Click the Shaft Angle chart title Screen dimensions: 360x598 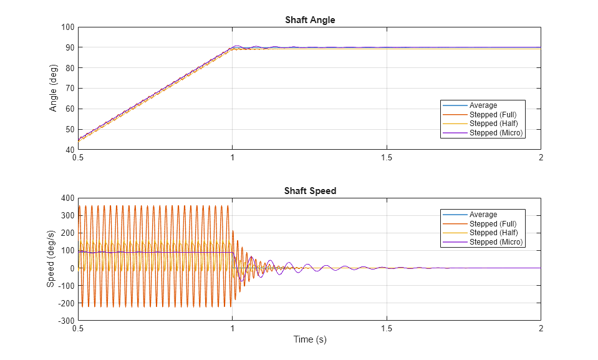tap(310, 20)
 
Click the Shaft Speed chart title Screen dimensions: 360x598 tap(310, 191)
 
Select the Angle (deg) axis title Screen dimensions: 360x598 tap(53, 89)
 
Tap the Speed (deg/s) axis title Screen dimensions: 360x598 tap(51, 259)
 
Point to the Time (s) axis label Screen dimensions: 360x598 tap(310, 340)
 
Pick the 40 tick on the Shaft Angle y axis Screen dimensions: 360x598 tap(69, 150)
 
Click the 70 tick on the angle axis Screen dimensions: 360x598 tap(69, 89)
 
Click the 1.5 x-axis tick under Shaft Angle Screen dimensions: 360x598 tap(387, 158)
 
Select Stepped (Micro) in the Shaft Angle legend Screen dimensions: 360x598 tap(496, 133)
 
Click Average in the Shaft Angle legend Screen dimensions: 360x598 tap(483, 105)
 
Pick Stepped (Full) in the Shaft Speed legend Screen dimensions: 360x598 tap(493, 223)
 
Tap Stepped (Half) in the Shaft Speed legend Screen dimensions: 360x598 tap(493, 233)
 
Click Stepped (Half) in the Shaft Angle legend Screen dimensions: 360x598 tap(493, 124)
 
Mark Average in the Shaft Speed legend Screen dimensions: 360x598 tap(483, 215)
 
